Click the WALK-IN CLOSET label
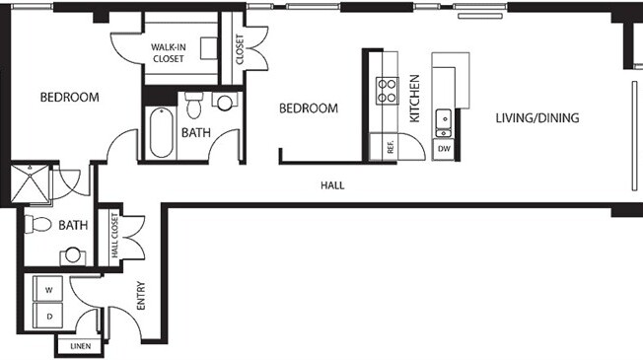[x=169, y=53]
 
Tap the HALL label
[x=332, y=185]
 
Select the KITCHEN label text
[x=415, y=99]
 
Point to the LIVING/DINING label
[x=537, y=118]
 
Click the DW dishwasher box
[x=444, y=149]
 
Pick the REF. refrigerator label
[x=390, y=147]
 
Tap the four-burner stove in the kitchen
[x=387, y=91]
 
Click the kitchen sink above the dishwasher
[x=443, y=123]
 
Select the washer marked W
[x=48, y=289]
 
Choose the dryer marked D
[x=48, y=317]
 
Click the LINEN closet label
[x=81, y=346]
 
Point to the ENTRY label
[x=141, y=296]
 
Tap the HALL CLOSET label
[x=114, y=236]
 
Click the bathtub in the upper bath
[x=161, y=132]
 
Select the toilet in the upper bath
[x=194, y=105]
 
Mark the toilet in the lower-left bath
[x=37, y=224]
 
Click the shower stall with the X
[x=30, y=183]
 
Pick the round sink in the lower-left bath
[x=73, y=255]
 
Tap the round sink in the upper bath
[x=224, y=103]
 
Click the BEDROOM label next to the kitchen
[x=309, y=108]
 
